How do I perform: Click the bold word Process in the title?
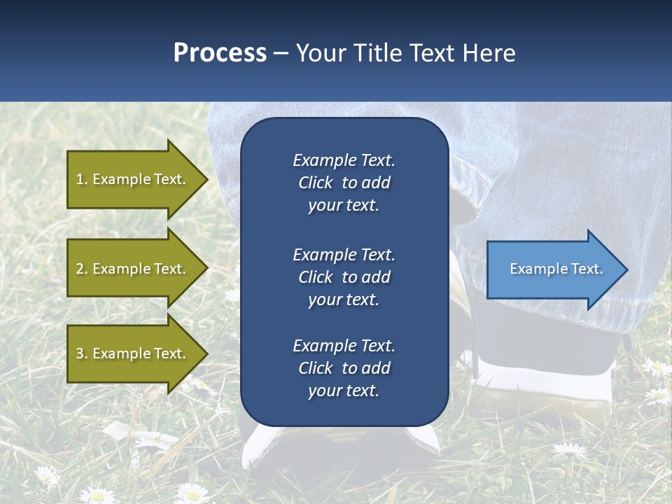click(220, 53)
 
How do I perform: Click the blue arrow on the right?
click(553, 269)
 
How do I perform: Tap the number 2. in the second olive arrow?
click(81, 269)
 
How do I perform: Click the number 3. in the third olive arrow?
click(81, 353)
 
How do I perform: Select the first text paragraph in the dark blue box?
click(344, 183)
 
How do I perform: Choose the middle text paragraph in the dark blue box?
click(344, 277)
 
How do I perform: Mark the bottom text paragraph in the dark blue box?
click(344, 368)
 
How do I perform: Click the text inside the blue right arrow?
click(556, 269)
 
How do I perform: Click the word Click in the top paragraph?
click(315, 183)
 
